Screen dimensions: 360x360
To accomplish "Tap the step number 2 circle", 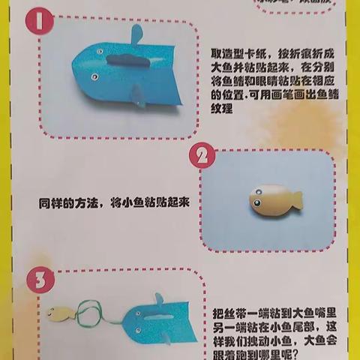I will (202, 157).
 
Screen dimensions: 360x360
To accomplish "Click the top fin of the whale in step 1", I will (135, 34).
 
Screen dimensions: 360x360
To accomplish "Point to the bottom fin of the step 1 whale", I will (137, 93).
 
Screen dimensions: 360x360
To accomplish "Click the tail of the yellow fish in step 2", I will (295, 199).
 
